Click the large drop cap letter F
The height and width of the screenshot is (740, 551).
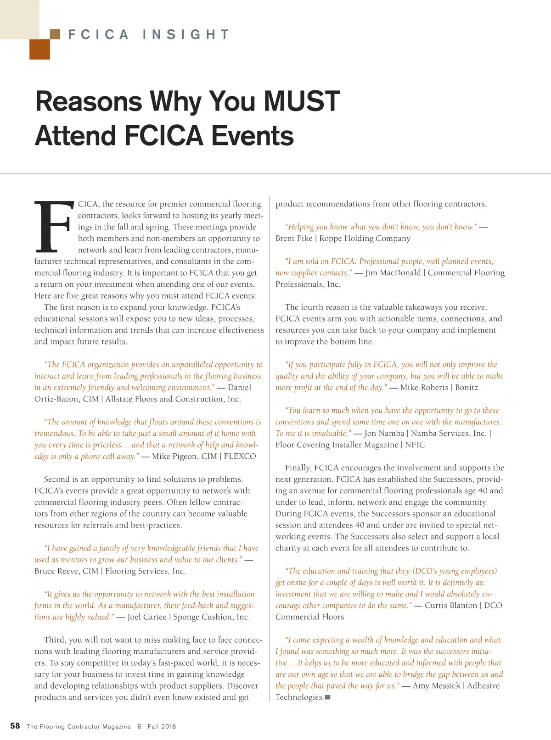[x=54, y=227]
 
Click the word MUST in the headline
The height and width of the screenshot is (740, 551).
[x=302, y=101]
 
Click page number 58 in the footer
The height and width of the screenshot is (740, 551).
[x=15, y=726]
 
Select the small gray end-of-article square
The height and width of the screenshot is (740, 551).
[x=327, y=697]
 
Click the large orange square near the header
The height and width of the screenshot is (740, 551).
[x=39, y=50]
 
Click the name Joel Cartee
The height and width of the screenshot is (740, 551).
[x=146, y=617]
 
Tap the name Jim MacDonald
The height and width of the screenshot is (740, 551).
[x=393, y=273]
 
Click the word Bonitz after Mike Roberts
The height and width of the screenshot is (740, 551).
[x=467, y=388]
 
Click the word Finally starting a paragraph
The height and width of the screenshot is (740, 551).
[x=298, y=468]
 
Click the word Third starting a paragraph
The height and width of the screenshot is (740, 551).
[x=55, y=640]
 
